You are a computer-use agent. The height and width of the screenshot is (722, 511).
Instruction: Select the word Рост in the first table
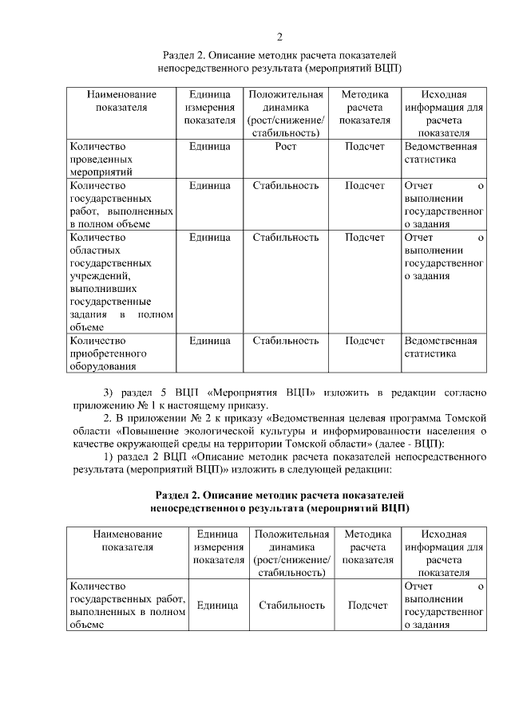[x=286, y=147]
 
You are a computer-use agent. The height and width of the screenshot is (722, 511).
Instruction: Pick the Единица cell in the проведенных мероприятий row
[x=210, y=147]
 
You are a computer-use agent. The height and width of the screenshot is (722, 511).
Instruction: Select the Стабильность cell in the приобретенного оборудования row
[x=286, y=341]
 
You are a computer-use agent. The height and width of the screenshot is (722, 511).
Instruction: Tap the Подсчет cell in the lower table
[x=367, y=606]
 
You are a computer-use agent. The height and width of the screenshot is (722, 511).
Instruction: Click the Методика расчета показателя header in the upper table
[x=365, y=107]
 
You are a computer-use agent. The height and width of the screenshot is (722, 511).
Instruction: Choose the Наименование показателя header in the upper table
[x=121, y=101]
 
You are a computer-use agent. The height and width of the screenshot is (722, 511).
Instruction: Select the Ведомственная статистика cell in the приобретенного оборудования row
[x=441, y=347]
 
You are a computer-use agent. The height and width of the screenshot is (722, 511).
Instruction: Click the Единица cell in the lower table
[x=217, y=606]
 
